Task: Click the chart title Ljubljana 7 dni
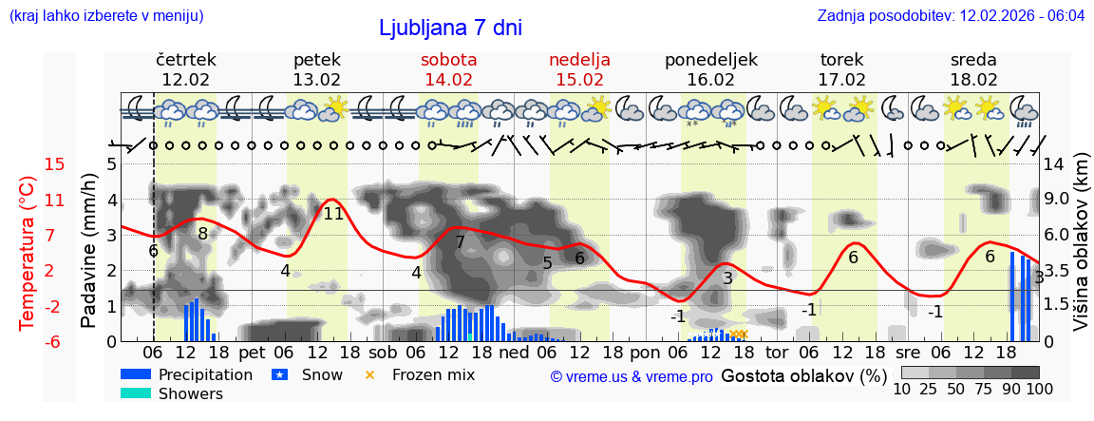pyautogui.click(x=450, y=28)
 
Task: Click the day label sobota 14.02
pyautogui.click(x=449, y=69)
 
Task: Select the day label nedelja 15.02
pyautogui.click(x=579, y=69)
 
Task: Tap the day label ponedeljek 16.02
pyautogui.click(x=711, y=69)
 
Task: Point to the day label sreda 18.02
pyautogui.click(x=973, y=69)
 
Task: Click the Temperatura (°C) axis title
pyautogui.click(x=28, y=252)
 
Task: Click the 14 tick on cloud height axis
pyautogui.click(x=1054, y=164)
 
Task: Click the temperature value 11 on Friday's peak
pyautogui.click(x=333, y=214)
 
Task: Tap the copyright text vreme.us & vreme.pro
pyautogui.click(x=632, y=376)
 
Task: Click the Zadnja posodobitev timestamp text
pyautogui.click(x=951, y=15)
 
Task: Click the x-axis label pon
pyautogui.click(x=644, y=353)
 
